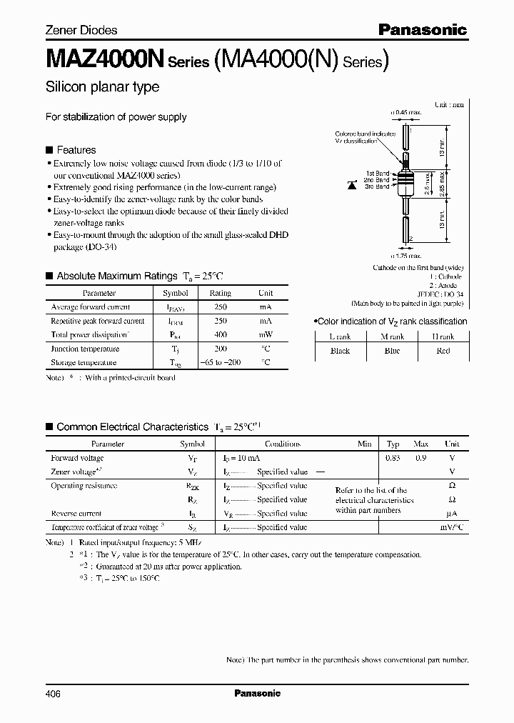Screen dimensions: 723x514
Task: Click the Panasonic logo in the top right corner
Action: [422, 29]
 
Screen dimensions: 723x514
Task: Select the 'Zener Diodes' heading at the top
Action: [81, 30]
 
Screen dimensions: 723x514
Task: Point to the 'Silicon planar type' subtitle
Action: [102, 87]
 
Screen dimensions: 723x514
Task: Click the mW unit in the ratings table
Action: [265, 334]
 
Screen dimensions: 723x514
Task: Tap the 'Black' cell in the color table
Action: [340, 351]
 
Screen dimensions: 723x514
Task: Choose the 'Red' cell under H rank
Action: [442, 351]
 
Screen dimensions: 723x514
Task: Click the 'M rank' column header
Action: [391, 336]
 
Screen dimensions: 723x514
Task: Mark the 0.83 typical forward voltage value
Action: [393, 458]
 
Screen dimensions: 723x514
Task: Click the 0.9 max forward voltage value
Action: [420, 458]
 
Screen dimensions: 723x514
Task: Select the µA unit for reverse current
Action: [450, 514]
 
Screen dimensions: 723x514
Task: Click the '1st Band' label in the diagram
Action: [378, 173]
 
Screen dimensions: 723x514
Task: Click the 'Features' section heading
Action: [76, 150]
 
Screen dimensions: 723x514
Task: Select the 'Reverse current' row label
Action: [76, 514]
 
